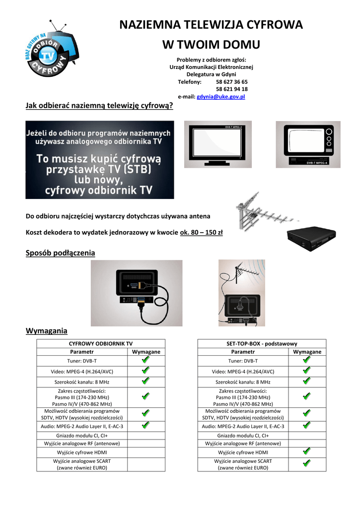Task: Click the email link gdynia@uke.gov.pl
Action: (x=221, y=97)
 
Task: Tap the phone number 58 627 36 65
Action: (x=232, y=82)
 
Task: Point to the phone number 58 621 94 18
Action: (x=232, y=89)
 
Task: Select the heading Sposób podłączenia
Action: (x=60, y=253)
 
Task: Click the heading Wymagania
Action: (x=46, y=330)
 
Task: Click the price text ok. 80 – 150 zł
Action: (x=201, y=232)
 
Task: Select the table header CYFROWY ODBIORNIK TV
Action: (x=100, y=343)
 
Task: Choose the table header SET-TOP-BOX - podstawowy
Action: (x=261, y=343)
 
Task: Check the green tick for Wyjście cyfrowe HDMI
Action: (x=306, y=451)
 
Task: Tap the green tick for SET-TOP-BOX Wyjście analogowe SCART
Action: (x=306, y=463)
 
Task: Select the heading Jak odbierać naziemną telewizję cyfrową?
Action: (x=99, y=105)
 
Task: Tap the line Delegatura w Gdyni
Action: (x=211, y=74)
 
